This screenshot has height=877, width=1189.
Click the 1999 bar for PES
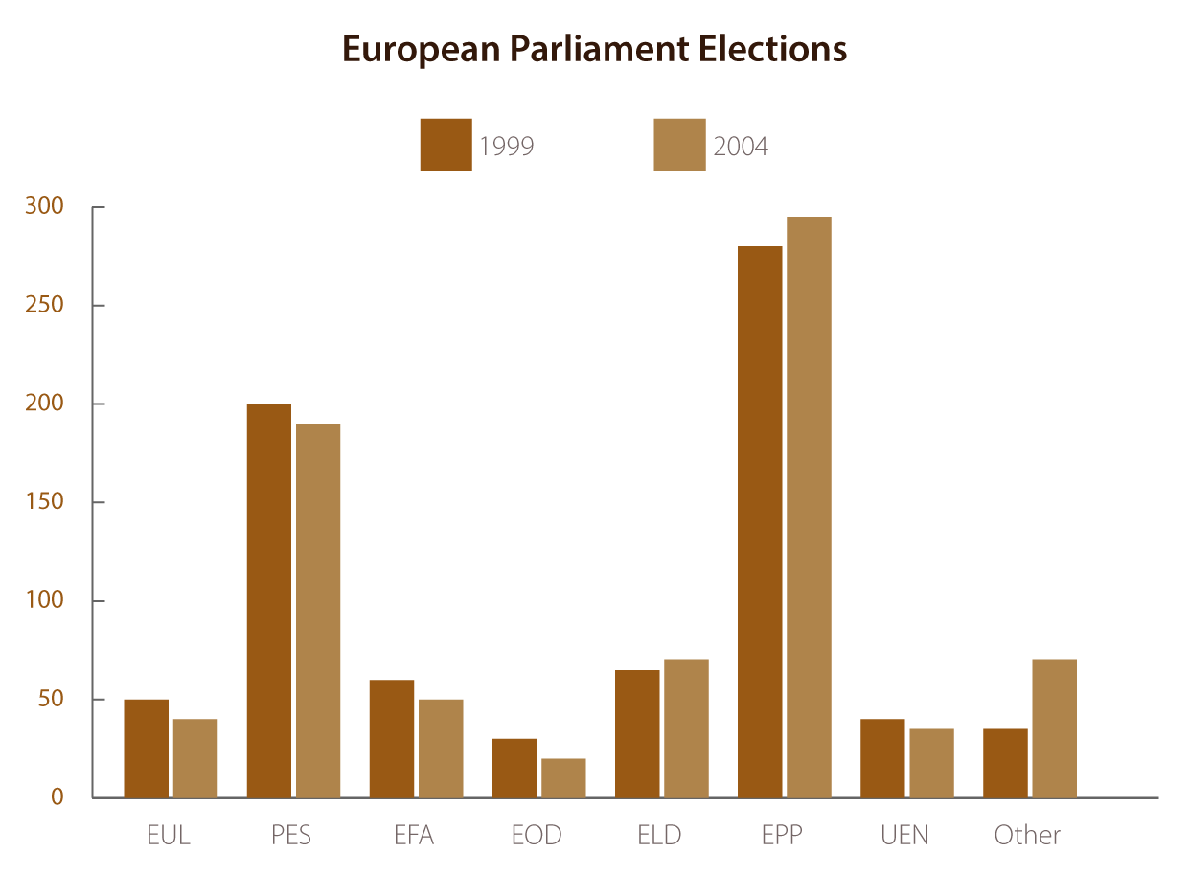point(268,600)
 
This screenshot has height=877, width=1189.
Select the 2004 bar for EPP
point(809,507)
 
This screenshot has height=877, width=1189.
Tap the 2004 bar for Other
point(1054,728)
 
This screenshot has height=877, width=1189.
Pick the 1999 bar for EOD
point(514,768)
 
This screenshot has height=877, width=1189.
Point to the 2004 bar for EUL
point(195,758)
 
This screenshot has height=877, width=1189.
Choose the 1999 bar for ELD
point(637,733)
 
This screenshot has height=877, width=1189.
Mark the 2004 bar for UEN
point(931,763)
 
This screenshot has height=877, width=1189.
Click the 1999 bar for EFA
point(392,738)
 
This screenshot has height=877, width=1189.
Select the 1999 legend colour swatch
point(446,145)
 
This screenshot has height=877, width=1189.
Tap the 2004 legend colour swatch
point(679,145)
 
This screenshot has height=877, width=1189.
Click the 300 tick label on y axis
point(44,207)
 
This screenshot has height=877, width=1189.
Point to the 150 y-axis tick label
point(44,502)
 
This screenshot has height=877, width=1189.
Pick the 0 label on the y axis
point(57,797)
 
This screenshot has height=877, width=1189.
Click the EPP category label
point(782,835)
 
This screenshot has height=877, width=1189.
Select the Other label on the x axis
point(1027,835)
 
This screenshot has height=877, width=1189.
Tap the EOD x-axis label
point(537,835)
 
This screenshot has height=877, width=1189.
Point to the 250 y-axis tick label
point(44,306)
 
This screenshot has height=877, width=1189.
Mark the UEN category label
point(904,835)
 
